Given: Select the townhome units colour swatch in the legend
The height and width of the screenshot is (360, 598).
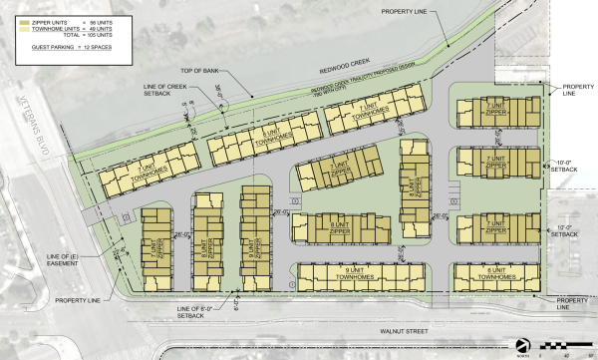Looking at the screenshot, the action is [x=21, y=24].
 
